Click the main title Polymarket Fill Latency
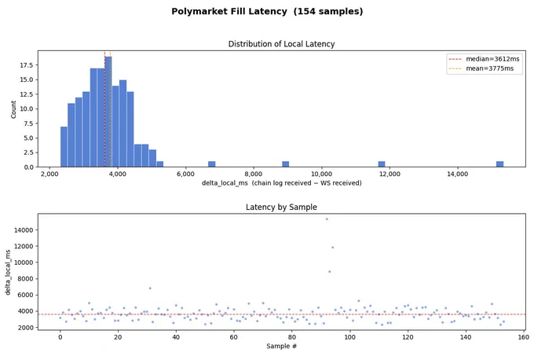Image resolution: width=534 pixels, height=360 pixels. coord(229,11)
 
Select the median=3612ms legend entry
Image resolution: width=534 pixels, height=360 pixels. coord(484,59)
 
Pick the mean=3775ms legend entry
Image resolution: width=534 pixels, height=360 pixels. coord(481,68)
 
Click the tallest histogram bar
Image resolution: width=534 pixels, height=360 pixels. coord(108,112)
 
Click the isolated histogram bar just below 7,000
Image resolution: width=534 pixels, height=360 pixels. coord(212,164)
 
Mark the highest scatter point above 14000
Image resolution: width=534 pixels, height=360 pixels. coord(327,219)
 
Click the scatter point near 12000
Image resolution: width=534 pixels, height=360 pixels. coord(333,247)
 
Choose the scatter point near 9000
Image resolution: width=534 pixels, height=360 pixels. coord(329,272)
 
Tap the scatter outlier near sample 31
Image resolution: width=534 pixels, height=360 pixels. coord(150,288)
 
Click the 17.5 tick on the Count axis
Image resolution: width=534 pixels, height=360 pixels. coord(27,65)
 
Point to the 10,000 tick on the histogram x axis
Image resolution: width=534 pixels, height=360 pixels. coord(321,174)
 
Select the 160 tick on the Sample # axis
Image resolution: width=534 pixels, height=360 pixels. coord(524,337)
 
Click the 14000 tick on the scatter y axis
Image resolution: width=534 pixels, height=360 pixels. coord(24,230)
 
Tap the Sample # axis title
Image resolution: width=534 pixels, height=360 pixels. coord(281,346)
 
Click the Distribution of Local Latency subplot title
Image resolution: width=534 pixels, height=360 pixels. coord(281,44)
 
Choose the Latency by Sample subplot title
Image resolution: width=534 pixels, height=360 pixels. coord(281,207)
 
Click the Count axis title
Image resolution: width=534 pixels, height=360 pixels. coord(13,109)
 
